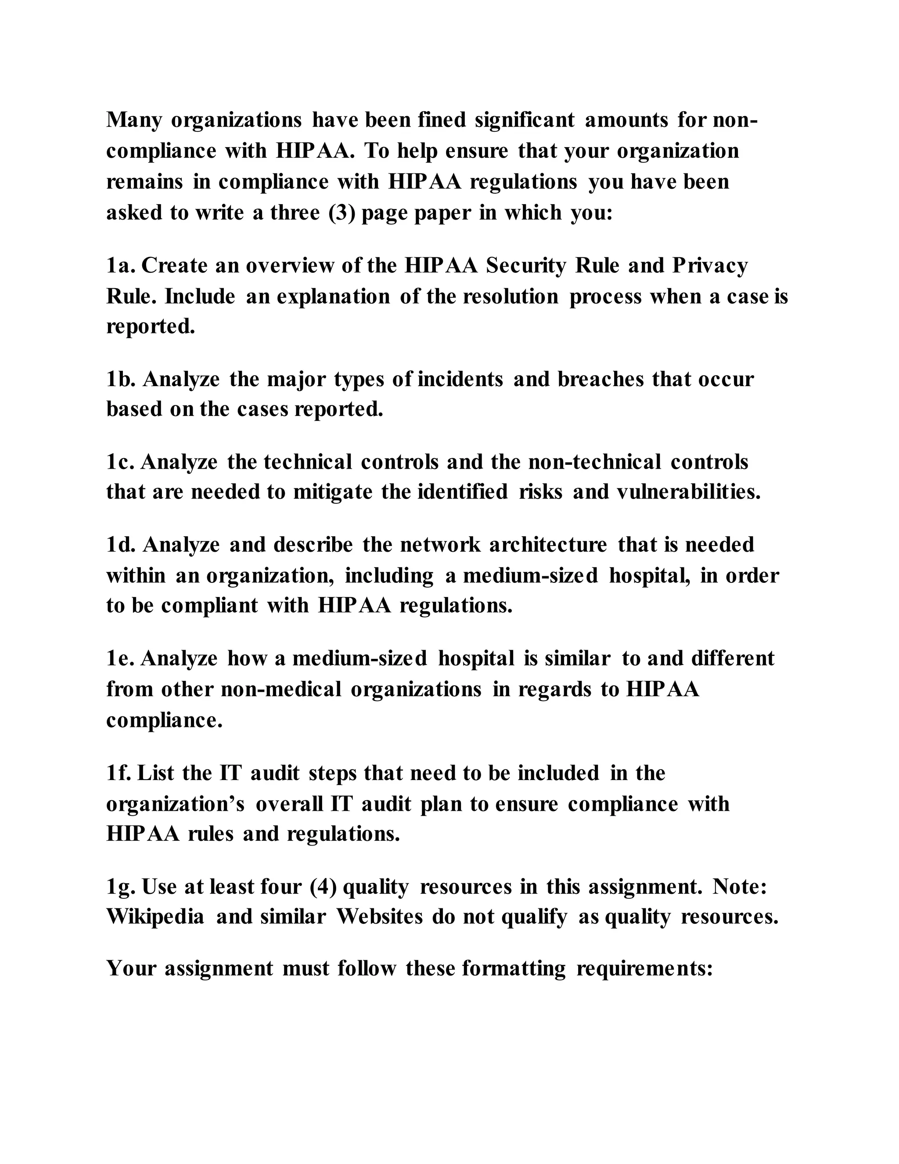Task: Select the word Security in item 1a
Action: (x=526, y=265)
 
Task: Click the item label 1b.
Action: (x=122, y=379)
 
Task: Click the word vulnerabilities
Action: (x=689, y=492)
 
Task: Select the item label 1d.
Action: (x=122, y=545)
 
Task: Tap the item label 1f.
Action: (x=119, y=773)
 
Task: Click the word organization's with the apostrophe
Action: (x=175, y=804)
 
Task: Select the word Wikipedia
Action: (x=155, y=917)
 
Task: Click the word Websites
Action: (x=380, y=917)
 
